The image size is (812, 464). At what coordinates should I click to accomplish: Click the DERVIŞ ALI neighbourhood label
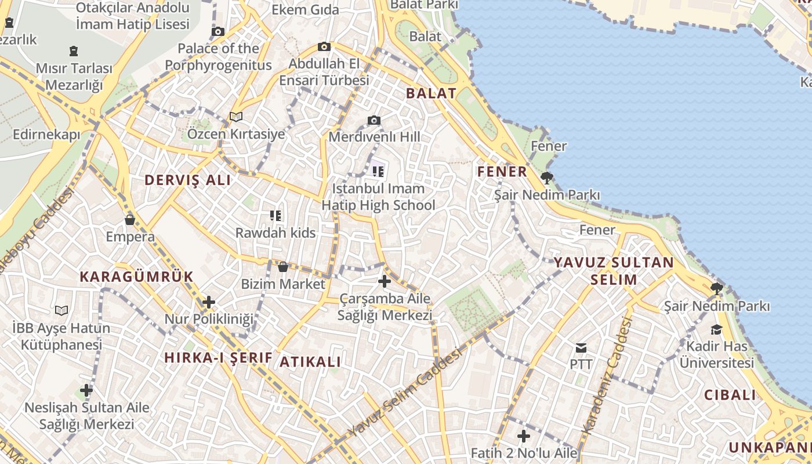click(187, 180)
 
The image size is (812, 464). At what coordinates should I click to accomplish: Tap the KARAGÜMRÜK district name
click(136, 277)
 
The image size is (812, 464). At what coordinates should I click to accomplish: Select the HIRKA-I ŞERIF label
click(218, 358)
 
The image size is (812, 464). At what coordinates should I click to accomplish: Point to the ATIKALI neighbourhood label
click(310, 362)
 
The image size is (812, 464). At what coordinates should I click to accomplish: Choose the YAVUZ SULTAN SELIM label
click(614, 271)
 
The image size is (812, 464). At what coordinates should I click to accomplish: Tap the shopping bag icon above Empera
click(130, 220)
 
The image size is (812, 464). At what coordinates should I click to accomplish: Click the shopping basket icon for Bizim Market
click(283, 267)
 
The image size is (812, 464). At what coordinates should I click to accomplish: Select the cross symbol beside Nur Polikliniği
click(209, 302)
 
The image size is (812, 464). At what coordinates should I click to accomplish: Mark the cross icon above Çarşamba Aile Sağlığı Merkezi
click(384, 282)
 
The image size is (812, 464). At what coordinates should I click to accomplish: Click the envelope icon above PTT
click(581, 348)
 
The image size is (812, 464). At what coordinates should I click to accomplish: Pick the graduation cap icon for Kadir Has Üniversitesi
click(716, 329)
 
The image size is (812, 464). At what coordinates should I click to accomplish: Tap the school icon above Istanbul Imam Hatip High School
click(378, 171)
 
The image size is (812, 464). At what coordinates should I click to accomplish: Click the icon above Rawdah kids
click(275, 216)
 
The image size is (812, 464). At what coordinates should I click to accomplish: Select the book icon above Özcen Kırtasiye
click(235, 117)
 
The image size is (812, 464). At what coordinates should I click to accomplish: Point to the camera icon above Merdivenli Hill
click(374, 121)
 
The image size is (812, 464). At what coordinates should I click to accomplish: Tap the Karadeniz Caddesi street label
click(607, 378)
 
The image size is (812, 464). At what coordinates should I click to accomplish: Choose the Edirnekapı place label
click(46, 135)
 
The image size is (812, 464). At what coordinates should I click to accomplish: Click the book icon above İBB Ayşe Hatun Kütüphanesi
click(61, 310)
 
